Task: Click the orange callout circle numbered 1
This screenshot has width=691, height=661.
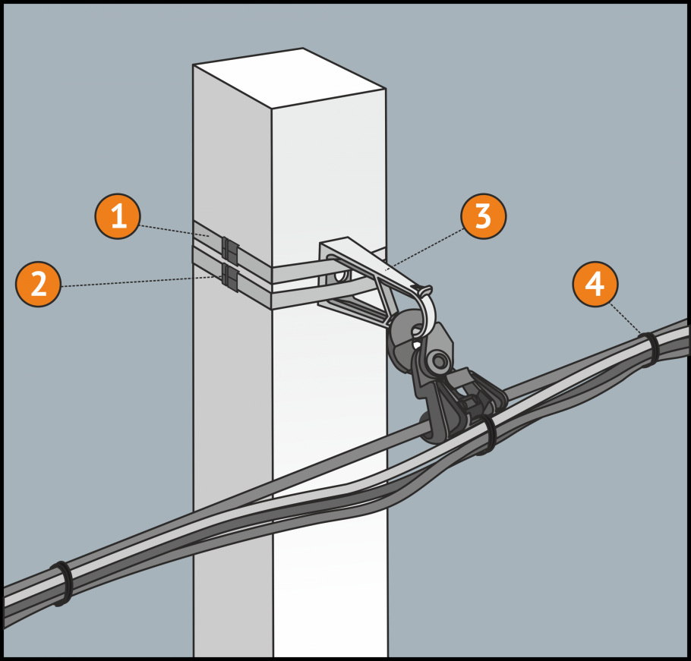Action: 118,216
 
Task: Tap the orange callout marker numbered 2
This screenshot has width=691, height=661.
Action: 38,285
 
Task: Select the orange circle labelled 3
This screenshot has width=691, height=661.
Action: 484,216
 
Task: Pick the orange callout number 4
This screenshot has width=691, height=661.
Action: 595,285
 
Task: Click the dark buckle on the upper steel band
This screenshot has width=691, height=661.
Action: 229,249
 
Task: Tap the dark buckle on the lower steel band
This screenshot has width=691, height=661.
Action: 229,278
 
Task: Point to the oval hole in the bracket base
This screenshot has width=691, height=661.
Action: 341,276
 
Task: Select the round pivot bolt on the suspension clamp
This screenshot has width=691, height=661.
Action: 438,361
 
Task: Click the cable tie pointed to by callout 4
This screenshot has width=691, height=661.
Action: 649,349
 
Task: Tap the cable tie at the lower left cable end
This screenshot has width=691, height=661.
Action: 62,584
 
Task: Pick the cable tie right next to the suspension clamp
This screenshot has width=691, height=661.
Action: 486,435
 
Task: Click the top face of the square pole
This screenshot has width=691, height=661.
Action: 289,77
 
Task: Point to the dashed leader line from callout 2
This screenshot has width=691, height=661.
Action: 141,282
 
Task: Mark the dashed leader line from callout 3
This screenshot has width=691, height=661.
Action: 426,248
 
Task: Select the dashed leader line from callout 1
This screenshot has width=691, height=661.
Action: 175,231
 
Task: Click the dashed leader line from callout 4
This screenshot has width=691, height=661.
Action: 626,319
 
